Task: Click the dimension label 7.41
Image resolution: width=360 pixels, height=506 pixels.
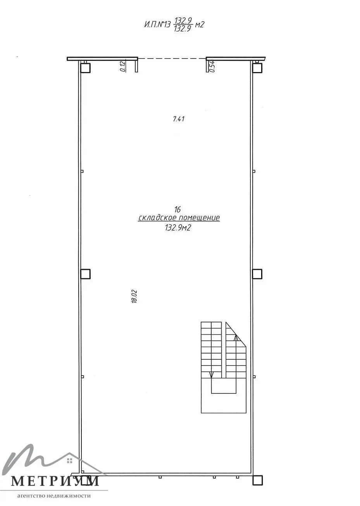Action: (x=179, y=119)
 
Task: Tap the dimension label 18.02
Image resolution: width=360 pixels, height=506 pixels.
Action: (x=134, y=296)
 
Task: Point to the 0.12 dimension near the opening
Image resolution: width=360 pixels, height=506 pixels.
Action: (x=123, y=67)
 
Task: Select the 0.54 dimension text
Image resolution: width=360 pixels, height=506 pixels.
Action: (x=212, y=67)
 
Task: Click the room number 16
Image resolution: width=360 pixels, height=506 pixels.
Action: (x=177, y=209)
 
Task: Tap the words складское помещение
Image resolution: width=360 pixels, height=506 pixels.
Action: (x=179, y=218)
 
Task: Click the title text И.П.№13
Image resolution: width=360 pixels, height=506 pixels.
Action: (x=157, y=24)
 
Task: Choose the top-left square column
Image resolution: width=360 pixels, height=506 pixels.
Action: (x=85, y=68)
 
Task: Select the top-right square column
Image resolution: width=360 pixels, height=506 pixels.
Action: (x=257, y=68)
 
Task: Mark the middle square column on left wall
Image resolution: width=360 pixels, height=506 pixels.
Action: (x=85, y=274)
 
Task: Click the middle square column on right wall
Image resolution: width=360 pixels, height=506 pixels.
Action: (x=257, y=274)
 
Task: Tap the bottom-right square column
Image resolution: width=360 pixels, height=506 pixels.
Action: (x=257, y=480)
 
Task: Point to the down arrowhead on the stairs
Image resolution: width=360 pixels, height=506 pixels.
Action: (x=211, y=374)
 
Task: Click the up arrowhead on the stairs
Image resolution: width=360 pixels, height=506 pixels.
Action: (x=236, y=338)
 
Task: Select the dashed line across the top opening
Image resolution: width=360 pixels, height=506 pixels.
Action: (x=172, y=58)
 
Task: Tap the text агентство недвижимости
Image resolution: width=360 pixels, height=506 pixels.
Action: (x=54, y=496)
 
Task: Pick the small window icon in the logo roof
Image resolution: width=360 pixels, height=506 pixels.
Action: (x=70, y=460)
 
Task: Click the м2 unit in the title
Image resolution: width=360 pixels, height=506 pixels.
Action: (x=199, y=24)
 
